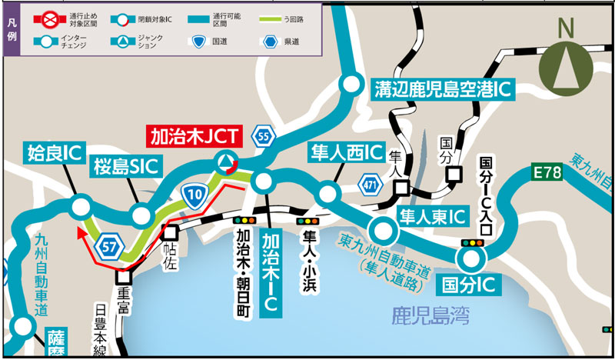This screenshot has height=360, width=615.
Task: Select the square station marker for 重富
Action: point(124,277)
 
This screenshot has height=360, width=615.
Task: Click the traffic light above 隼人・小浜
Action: point(312,221)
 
